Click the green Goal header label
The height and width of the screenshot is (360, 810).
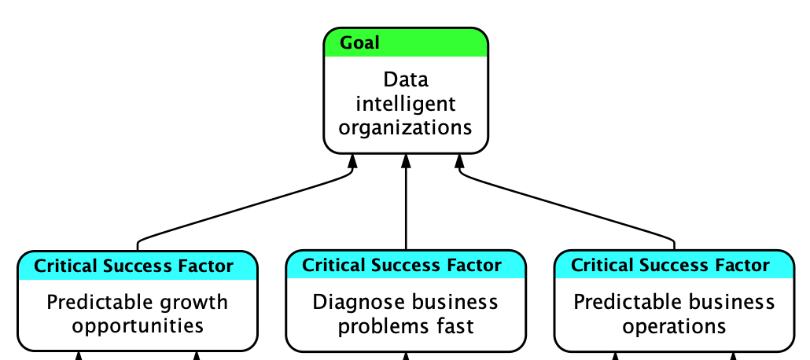click(x=359, y=42)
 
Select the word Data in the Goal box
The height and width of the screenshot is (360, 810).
click(x=406, y=79)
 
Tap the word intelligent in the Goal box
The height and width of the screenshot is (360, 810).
click(x=406, y=103)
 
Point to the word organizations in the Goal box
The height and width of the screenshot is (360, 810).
click(x=406, y=127)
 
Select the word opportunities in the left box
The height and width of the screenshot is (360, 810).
click(x=138, y=325)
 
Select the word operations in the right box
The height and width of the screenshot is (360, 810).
click(x=674, y=325)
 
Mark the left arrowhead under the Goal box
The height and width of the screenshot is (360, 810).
click(x=353, y=161)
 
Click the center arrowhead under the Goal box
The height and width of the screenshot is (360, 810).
click(x=406, y=161)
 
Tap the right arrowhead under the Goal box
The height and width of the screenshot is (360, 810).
click(x=459, y=161)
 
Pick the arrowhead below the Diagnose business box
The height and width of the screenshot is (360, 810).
click(x=406, y=356)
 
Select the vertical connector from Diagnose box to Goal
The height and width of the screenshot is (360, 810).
click(x=406, y=208)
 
